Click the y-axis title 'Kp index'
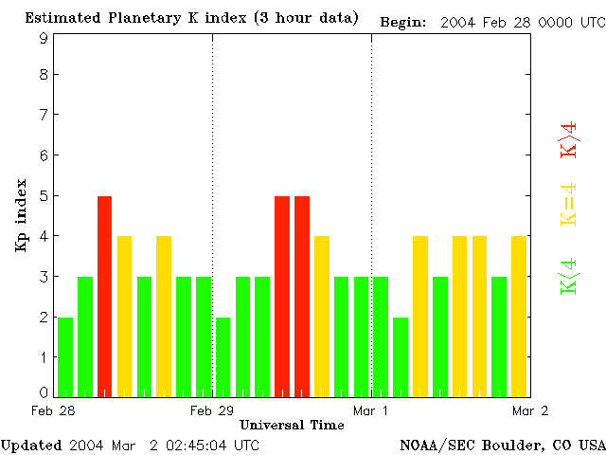pyautogui.click(x=20, y=215)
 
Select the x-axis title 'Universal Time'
pyautogui.click(x=292, y=425)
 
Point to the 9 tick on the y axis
pyautogui.click(x=44, y=37)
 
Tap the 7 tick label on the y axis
pyautogui.click(x=44, y=115)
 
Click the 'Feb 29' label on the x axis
pyautogui.click(x=212, y=410)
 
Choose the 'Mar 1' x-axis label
pyautogui.click(x=371, y=410)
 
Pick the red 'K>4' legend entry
pyautogui.click(x=569, y=139)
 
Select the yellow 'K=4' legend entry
pyautogui.click(x=569, y=204)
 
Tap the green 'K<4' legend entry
pyautogui.click(x=569, y=276)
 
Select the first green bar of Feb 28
pyautogui.click(x=65, y=356)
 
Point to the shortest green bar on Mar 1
pyautogui.click(x=401, y=356)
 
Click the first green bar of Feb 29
pyautogui.click(x=223, y=356)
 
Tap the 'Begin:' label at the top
pyautogui.click(x=403, y=21)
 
